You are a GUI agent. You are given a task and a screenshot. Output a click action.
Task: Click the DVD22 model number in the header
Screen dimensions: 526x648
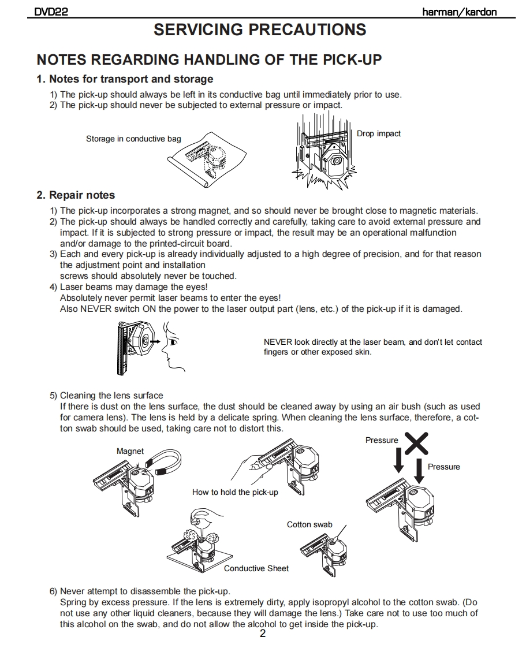click(51, 12)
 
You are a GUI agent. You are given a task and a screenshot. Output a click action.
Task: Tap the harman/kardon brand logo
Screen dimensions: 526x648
click(459, 12)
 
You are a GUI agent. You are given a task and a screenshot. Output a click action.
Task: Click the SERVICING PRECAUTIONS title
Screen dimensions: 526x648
click(260, 30)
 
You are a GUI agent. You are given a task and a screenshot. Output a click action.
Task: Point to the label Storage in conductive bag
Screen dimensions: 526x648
click(133, 139)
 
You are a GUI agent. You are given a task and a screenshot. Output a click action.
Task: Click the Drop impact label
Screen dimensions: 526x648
click(378, 133)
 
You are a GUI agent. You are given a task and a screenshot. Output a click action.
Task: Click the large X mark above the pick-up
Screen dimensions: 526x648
click(416, 442)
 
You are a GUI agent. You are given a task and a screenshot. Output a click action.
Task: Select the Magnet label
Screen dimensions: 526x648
click(130, 451)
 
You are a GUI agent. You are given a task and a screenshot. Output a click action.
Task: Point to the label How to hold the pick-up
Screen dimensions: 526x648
click(235, 492)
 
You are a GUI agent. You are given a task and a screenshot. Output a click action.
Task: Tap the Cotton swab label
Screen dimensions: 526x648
click(309, 524)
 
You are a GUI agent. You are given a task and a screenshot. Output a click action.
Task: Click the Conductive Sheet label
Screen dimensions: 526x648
click(256, 568)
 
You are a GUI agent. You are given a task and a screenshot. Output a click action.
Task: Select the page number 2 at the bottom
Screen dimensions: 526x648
click(263, 634)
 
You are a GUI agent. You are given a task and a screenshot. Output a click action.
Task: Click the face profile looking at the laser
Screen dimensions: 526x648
click(173, 347)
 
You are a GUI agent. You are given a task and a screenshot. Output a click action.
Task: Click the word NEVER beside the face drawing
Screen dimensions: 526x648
click(278, 342)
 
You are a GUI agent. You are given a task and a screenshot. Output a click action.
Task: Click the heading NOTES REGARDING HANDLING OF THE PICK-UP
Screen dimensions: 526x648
click(209, 59)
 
